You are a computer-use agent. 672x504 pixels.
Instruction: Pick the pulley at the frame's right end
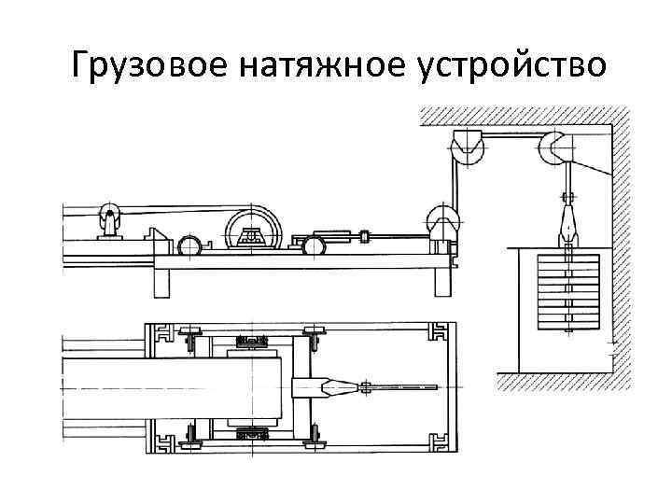point(442,223)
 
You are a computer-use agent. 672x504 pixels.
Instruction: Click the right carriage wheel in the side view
point(314,245)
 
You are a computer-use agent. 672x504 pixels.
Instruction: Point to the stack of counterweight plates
point(567,290)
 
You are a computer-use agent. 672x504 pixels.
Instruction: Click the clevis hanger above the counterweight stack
point(566,225)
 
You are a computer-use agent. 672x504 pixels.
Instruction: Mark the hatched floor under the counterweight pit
point(560,381)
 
